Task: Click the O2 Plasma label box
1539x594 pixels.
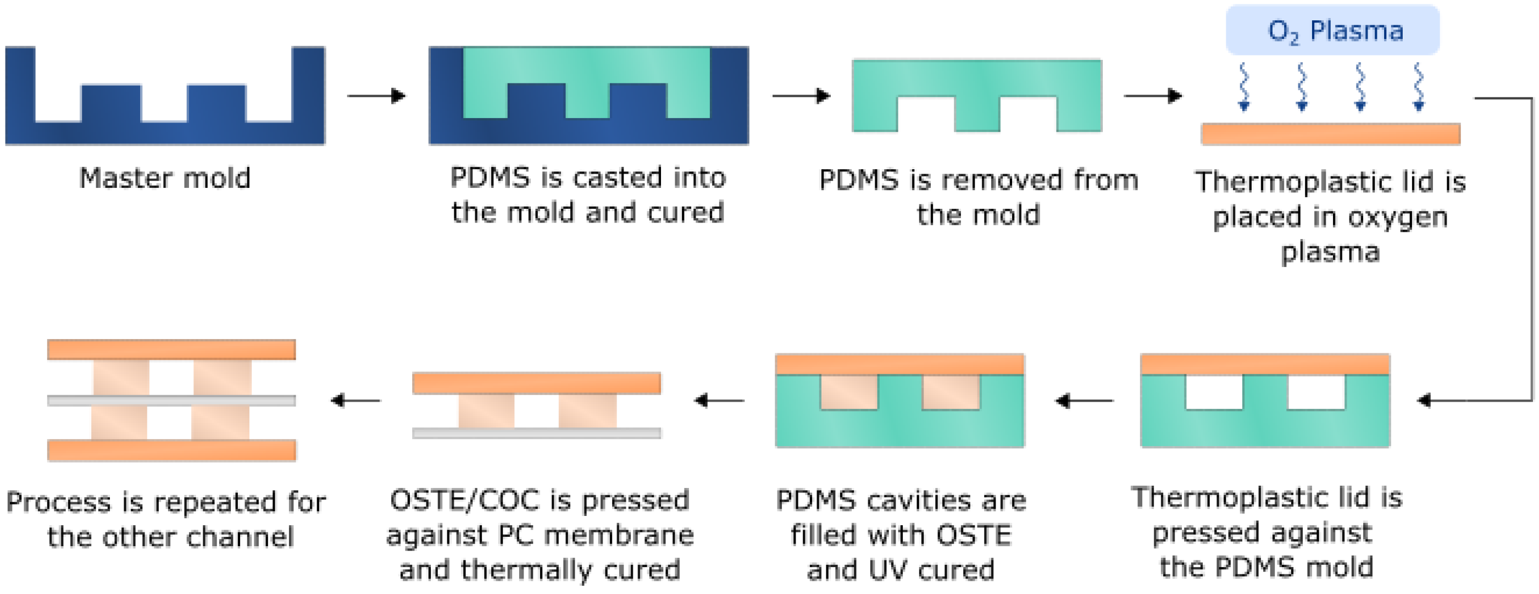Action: tap(1332, 30)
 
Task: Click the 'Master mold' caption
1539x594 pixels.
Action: tap(165, 178)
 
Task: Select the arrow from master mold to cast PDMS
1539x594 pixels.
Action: tap(376, 96)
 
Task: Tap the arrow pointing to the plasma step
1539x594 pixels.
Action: tap(1152, 96)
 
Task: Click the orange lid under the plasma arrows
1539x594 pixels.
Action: tap(1331, 134)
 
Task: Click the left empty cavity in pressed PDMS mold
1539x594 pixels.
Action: tap(1214, 392)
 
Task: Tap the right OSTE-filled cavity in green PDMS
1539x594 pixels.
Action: tap(951, 392)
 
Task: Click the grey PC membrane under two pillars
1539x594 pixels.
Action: tap(536, 433)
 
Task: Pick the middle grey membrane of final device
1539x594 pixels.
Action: tap(171, 401)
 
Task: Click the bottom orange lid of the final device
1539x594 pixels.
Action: tap(171, 450)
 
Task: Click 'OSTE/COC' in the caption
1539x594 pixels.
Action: tap(465, 500)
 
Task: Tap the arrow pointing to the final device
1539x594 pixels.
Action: tap(356, 401)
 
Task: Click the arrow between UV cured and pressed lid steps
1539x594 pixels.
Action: tap(1084, 401)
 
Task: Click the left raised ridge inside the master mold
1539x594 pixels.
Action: tap(111, 103)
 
